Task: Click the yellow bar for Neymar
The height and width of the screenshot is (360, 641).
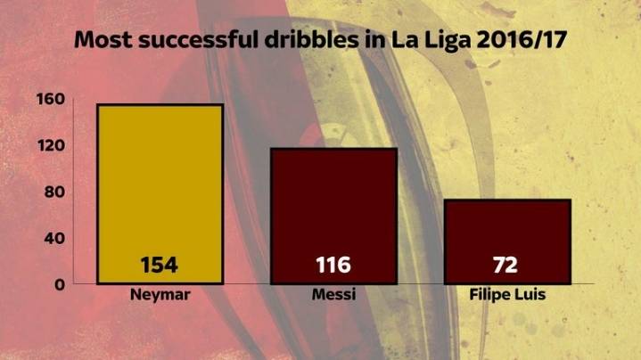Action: click(160, 178)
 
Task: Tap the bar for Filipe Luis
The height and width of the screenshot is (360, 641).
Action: click(506, 227)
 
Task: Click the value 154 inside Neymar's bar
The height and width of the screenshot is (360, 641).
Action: click(160, 265)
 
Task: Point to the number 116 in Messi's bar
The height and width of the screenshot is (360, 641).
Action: click(333, 265)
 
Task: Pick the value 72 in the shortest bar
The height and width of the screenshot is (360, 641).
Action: click(505, 265)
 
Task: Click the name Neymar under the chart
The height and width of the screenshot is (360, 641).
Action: click(160, 295)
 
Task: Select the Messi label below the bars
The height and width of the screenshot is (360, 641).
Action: click(333, 295)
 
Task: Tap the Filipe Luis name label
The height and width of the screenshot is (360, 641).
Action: click(506, 295)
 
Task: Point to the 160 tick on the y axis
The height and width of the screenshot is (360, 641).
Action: click(49, 99)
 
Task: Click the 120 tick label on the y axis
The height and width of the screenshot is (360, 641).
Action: click(49, 145)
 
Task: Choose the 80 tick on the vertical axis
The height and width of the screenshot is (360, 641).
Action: click(53, 192)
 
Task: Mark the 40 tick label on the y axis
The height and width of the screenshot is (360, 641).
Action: click(53, 238)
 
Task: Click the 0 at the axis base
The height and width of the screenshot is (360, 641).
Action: click(59, 284)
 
